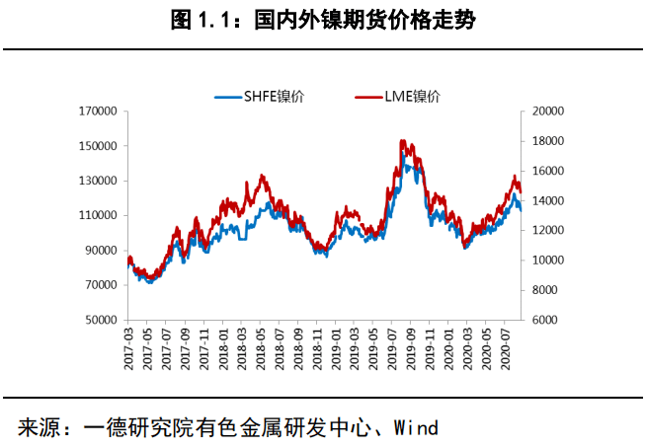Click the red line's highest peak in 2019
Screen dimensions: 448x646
(x=401, y=141)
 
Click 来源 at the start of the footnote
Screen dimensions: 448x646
(x=39, y=428)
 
